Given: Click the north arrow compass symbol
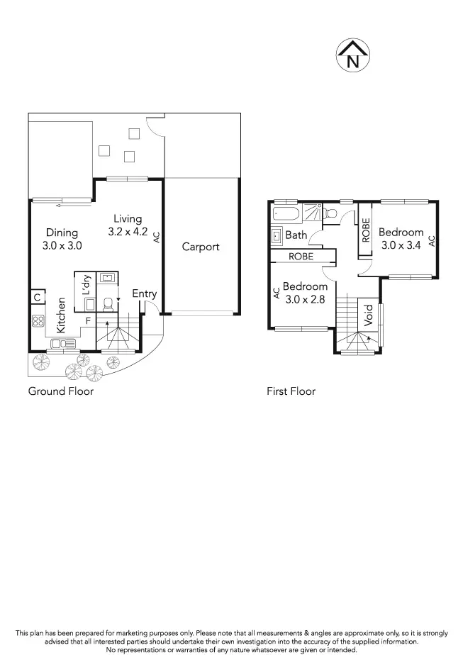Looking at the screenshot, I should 352,55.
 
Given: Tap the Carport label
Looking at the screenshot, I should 201,247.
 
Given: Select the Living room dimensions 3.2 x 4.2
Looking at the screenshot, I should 128,231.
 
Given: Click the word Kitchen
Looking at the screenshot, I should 62,315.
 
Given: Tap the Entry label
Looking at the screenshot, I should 145,294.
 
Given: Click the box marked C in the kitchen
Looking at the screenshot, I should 35,298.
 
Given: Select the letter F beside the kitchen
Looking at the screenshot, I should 89,321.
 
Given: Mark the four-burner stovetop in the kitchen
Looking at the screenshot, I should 37,320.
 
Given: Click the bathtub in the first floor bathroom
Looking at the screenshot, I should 286,214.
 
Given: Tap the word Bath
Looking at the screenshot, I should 296,235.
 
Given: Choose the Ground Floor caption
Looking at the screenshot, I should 60,391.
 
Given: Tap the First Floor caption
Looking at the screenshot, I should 291,391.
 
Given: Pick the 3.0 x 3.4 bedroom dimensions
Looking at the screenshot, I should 401,245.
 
